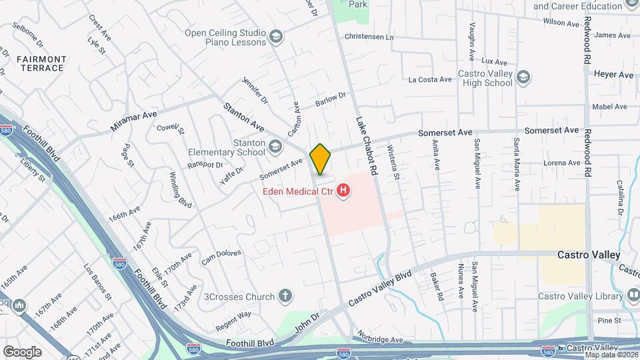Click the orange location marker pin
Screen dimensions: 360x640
pos(320,159)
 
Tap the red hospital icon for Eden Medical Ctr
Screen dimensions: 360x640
pos(343,192)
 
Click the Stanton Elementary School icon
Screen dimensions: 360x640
pos(275,145)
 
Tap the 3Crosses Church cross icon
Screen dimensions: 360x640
pos(285,296)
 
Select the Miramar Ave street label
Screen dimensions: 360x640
pos(134,121)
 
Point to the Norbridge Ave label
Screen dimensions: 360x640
pos(379,339)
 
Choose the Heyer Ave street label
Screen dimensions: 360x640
pos(613,75)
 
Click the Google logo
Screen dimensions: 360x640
pos(22,351)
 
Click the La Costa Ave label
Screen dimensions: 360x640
pos(430,80)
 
